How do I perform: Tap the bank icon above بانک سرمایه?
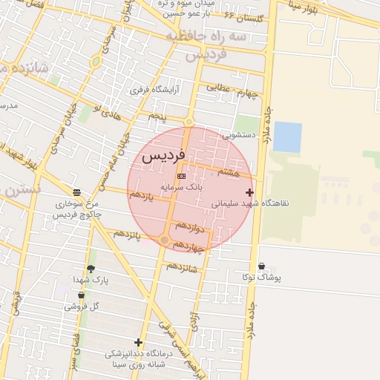click(182, 176)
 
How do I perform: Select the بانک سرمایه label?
click(182, 189)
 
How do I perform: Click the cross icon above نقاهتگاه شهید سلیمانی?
click(249, 193)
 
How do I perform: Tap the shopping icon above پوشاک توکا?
click(261, 266)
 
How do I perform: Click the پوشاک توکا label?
click(261, 278)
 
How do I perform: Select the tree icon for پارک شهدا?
click(91, 269)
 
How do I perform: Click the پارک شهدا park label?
click(91, 280)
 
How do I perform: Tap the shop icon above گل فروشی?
click(81, 295)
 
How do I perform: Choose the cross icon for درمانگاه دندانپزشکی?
click(138, 343)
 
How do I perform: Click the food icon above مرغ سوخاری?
click(76, 191)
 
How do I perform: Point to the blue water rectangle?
click(287, 137)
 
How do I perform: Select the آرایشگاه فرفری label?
click(151, 90)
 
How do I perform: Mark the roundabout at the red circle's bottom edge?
click(164, 240)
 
